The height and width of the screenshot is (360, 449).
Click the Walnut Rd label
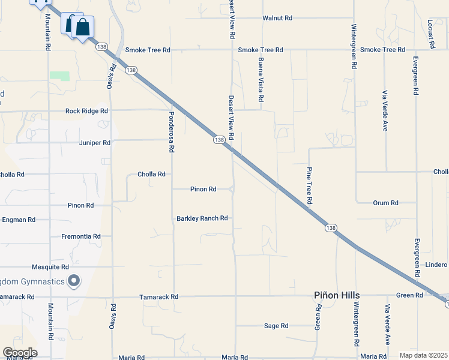[x=277, y=18]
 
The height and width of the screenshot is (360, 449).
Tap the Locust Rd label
[x=430, y=33]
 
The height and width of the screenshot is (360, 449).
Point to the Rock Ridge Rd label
[x=86, y=111]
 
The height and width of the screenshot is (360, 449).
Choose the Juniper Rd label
[x=95, y=143]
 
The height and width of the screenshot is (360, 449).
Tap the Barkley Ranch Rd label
[x=202, y=218]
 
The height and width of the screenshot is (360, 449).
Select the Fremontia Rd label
[x=80, y=237]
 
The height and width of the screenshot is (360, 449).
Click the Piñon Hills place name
[x=337, y=296]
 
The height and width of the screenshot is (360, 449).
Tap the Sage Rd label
[x=276, y=326]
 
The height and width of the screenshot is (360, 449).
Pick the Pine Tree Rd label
[x=310, y=185]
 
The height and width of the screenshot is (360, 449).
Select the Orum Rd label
[x=385, y=203]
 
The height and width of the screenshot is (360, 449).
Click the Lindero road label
[x=436, y=265]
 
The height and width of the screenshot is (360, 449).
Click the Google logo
[x=20, y=353]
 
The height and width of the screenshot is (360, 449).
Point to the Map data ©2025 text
[x=423, y=355]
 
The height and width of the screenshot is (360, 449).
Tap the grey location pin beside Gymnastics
[x=74, y=280]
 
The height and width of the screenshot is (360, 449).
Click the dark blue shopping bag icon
[x=83, y=27]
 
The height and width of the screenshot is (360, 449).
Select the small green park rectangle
[x=59, y=76]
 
